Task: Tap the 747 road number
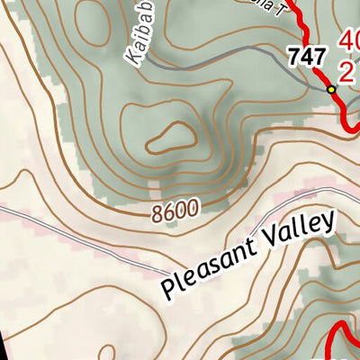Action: coord(306,57)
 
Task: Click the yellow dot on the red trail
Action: coord(331,90)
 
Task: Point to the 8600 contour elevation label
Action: coord(175,211)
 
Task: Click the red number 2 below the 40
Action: coord(346,71)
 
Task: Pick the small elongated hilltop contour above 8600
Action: coord(170,138)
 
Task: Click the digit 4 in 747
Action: coord(306,57)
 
